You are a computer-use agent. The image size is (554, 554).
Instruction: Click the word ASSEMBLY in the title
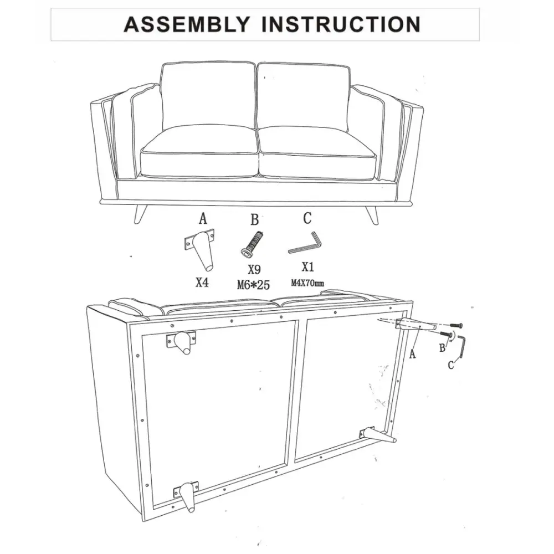pyautogui.click(x=187, y=24)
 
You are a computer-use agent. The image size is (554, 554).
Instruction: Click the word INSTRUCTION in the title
pyautogui.click(x=341, y=24)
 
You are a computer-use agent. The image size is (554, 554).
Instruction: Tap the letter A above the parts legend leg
pyautogui.click(x=203, y=219)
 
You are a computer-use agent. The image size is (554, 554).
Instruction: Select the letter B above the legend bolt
pyautogui.click(x=254, y=219)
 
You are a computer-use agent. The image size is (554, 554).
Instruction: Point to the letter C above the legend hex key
pyautogui.click(x=307, y=218)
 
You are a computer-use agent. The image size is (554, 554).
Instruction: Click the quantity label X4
pyautogui.click(x=202, y=283)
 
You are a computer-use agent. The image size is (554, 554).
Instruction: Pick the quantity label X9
pyautogui.click(x=254, y=270)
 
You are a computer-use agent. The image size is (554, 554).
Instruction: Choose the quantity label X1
pyautogui.click(x=307, y=267)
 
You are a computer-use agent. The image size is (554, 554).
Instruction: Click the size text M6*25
pyautogui.click(x=253, y=284)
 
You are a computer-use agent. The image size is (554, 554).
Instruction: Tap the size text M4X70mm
pyautogui.click(x=307, y=283)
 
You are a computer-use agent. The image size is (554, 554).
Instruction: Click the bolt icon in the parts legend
pyautogui.click(x=252, y=243)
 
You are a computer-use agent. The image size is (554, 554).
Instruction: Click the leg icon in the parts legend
pyautogui.click(x=201, y=250)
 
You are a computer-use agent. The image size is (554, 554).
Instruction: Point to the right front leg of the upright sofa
pyautogui.click(x=371, y=214)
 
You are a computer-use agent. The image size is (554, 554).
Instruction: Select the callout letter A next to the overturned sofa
pyautogui.click(x=412, y=353)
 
